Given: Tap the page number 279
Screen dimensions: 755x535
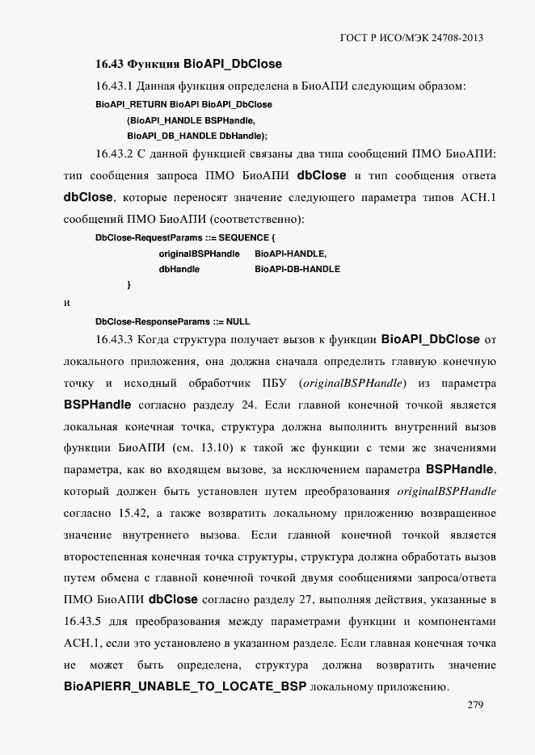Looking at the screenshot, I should point(475,705).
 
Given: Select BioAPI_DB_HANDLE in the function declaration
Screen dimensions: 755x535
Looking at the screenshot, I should point(171,136).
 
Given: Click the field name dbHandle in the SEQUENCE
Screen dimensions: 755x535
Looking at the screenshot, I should point(179,269).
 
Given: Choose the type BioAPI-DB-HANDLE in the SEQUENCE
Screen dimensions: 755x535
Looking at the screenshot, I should point(297,269).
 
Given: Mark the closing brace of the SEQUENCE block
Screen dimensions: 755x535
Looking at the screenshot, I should point(129,285).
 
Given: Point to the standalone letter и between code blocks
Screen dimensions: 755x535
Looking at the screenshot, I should point(66,304).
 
